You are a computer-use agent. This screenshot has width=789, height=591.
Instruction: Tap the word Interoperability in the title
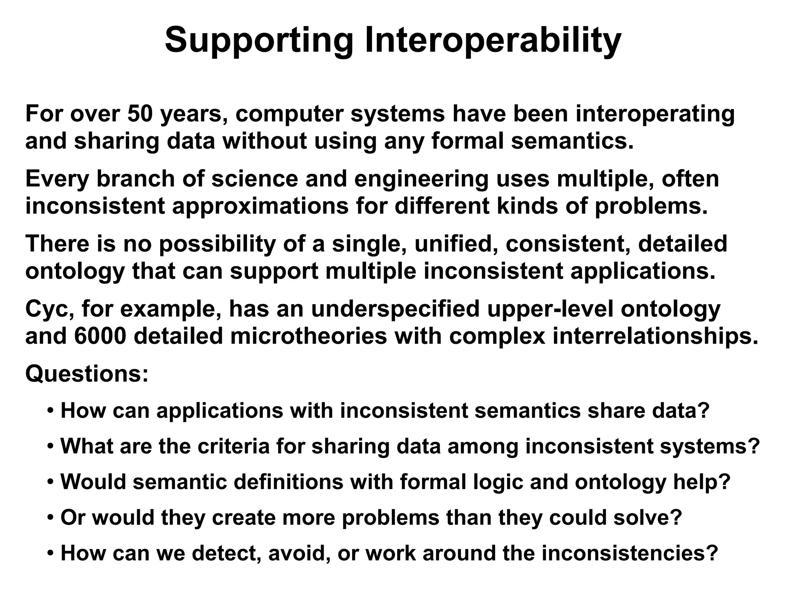[x=493, y=40]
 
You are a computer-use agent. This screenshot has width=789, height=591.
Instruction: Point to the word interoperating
[x=655, y=115]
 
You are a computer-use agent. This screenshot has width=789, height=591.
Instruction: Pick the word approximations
[x=260, y=206]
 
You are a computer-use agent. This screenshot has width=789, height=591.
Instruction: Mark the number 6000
[x=100, y=336]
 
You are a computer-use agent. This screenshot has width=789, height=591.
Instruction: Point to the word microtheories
[x=308, y=336]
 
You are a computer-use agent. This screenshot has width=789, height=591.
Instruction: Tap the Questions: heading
[x=87, y=373]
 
